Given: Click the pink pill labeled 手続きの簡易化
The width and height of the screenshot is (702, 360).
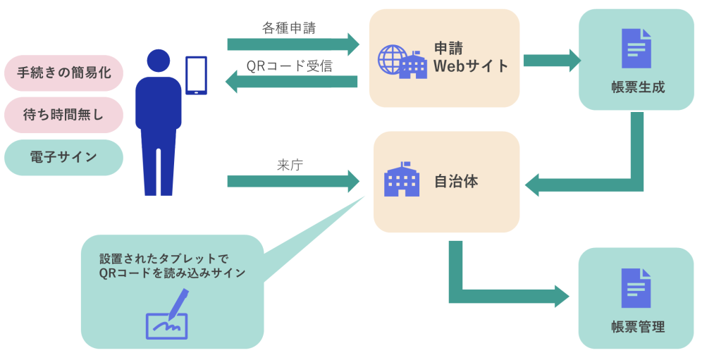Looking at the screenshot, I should [x=63, y=73].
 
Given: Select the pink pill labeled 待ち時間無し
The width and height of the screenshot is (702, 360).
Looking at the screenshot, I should [x=63, y=115].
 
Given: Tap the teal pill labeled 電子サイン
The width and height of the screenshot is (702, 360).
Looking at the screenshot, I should [x=63, y=157].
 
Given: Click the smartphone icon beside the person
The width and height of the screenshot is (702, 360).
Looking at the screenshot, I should [x=196, y=75].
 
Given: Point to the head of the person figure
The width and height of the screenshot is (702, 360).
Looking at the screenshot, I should [x=158, y=61].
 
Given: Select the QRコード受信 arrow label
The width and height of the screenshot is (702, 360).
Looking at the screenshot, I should [x=289, y=66].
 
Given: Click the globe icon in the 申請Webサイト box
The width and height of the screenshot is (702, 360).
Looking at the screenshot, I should [x=393, y=59].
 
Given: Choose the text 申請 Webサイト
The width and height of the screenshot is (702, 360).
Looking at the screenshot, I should [x=470, y=58].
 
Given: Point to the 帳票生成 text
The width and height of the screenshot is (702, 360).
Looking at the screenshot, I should [x=638, y=88].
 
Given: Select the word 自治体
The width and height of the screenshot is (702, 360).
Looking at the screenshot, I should [x=456, y=181].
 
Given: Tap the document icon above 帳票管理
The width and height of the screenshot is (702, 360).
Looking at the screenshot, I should [x=636, y=287].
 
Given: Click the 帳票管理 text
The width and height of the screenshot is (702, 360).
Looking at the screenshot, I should [x=638, y=327].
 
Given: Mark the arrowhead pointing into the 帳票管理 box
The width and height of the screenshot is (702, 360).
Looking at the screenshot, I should [x=562, y=297].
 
